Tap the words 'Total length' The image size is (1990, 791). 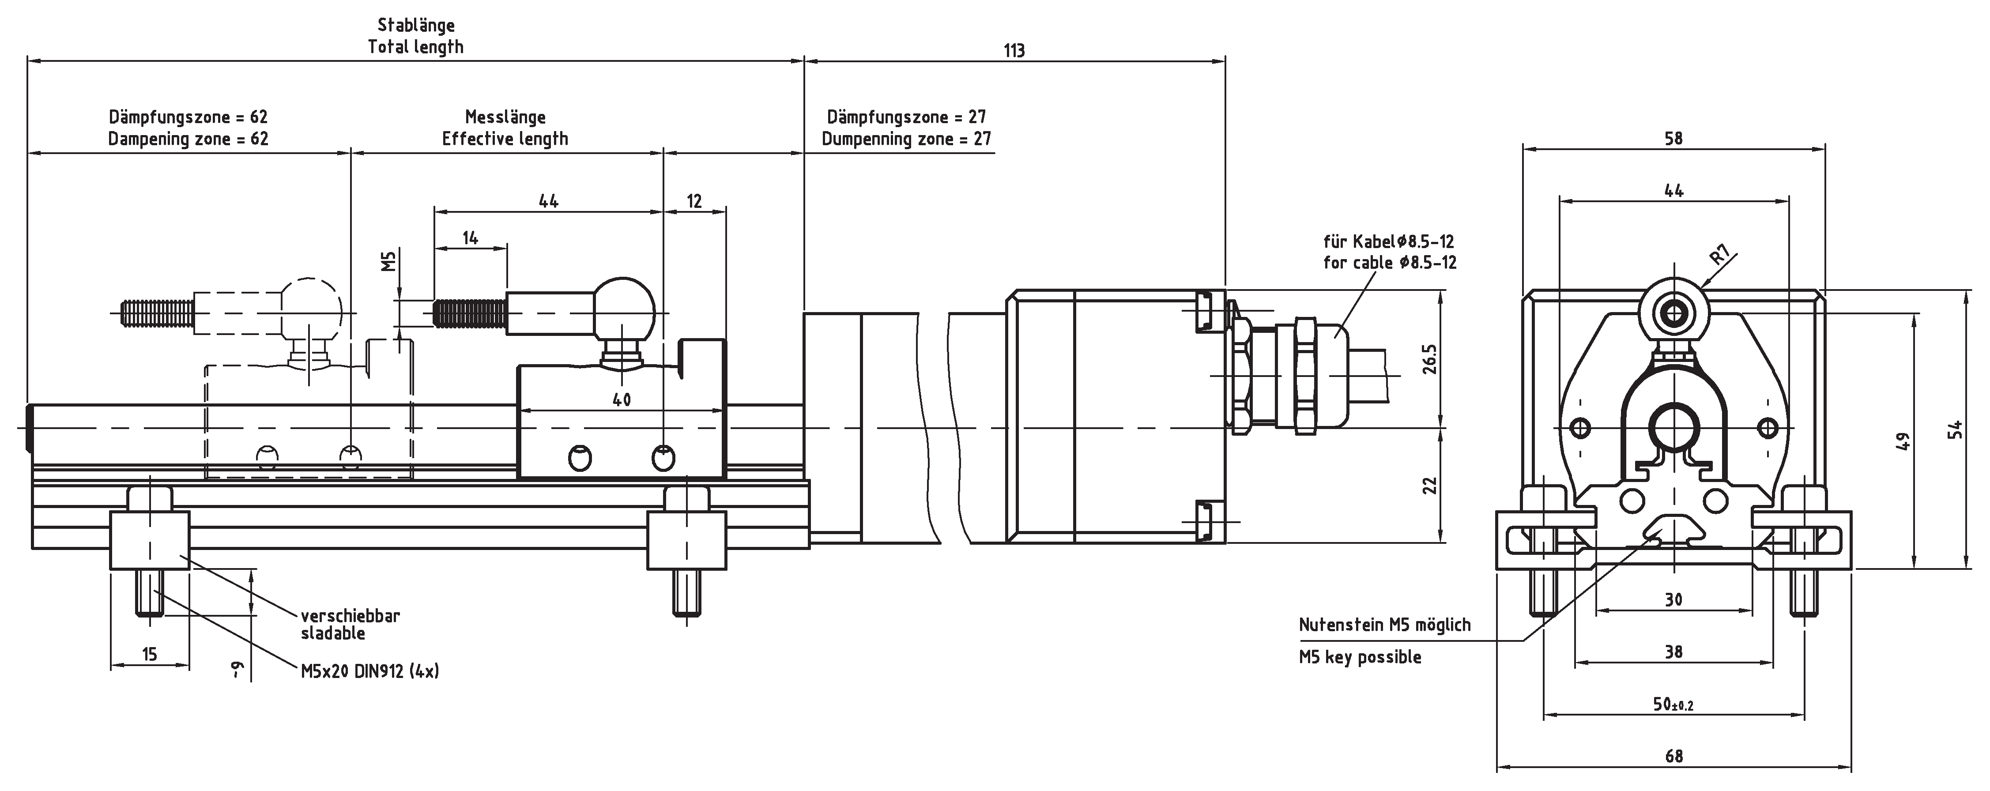(416, 47)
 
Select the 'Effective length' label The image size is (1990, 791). (505, 139)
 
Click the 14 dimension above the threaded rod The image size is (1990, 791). (471, 238)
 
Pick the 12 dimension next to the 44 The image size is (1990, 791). (694, 202)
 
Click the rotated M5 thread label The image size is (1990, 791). (388, 261)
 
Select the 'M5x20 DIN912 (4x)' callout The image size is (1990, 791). (370, 671)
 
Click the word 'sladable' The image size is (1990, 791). (333, 633)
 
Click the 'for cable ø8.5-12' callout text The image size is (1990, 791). (1390, 263)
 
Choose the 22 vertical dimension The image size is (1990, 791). (1429, 485)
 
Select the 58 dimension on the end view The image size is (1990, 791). (1673, 139)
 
